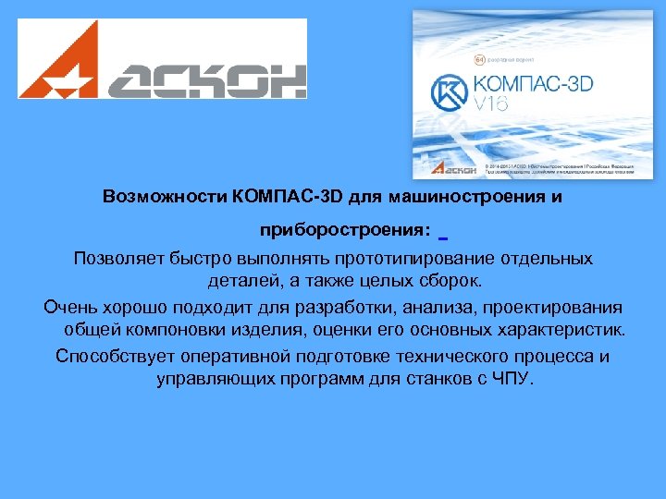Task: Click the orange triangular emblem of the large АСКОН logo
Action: [58, 62]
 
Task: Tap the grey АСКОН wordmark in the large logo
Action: [203, 79]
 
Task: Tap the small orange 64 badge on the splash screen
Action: [480, 58]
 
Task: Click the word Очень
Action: [69, 307]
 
